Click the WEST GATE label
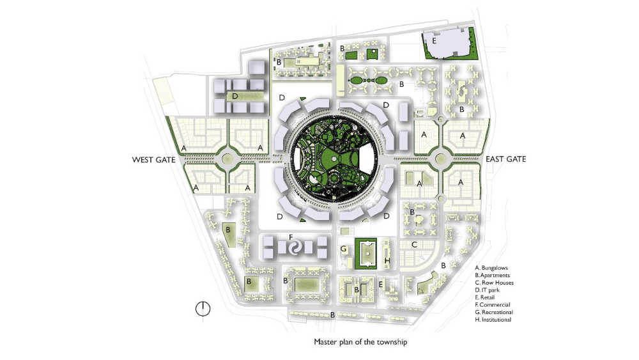coord(153,160)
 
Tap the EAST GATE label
coord(505,159)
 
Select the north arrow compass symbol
coord(203,309)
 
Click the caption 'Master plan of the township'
coord(360,341)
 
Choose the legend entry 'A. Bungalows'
coord(491,268)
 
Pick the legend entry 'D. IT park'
coord(487,290)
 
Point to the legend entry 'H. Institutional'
coord(493,320)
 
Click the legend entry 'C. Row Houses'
coord(495,283)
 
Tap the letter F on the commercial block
coord(291,237)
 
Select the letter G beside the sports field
coord(344,249)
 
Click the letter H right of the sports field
coord(387,260)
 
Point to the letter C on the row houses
coord(414,245)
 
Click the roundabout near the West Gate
coord(227,159)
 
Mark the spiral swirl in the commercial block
coord(295,247)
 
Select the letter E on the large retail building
coord(434,41)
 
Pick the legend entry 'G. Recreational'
coord(494,312)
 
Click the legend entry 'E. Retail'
coord(484,297)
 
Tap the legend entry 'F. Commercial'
coord(492,304)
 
